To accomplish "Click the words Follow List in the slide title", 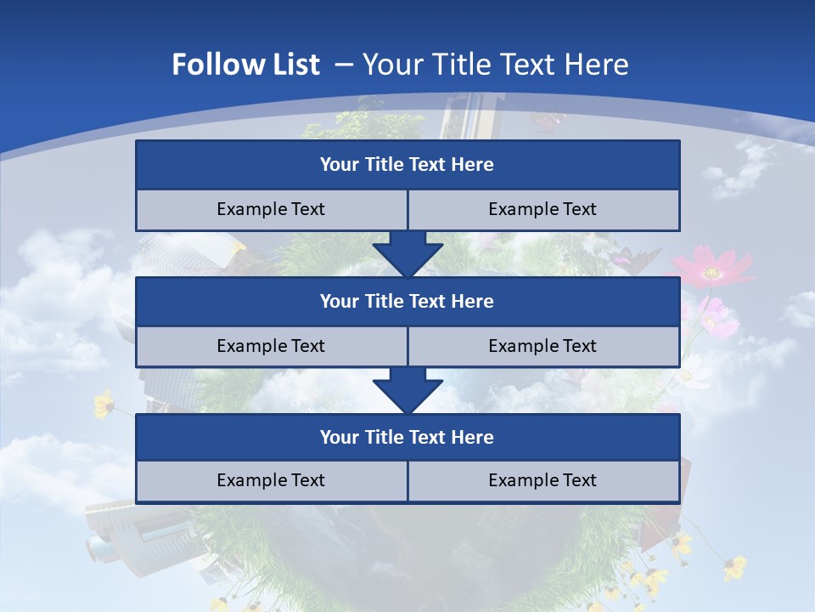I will point(246,65).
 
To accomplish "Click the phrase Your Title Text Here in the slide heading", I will point(496,65).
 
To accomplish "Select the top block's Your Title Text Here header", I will point(407,165).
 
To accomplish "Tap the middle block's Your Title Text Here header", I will point(407,301).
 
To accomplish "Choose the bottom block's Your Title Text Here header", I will point(407,437).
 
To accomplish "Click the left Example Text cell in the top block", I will point(271,209).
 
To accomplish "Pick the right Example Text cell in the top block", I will point(542,209).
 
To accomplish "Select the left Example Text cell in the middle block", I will point(271,346).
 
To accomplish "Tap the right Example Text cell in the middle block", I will point(542,346).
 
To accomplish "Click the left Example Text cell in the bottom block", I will point(271,480).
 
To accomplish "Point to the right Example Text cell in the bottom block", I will point(542,480).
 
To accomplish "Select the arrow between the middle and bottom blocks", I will point(407,389).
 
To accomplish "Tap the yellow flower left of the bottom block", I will point(104,404).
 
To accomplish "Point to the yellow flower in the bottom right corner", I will point(735,567).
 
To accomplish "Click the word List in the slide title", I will point(292,65).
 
